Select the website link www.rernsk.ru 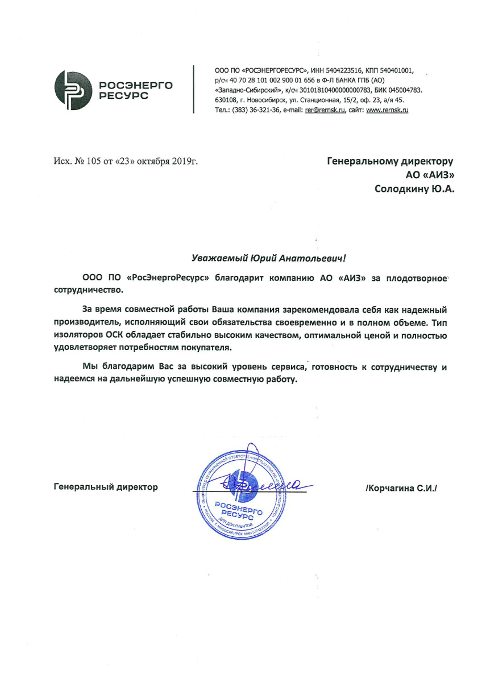pyautogui.click(x=388, y=110)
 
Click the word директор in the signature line pyautogui.click(x=138, y=487)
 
